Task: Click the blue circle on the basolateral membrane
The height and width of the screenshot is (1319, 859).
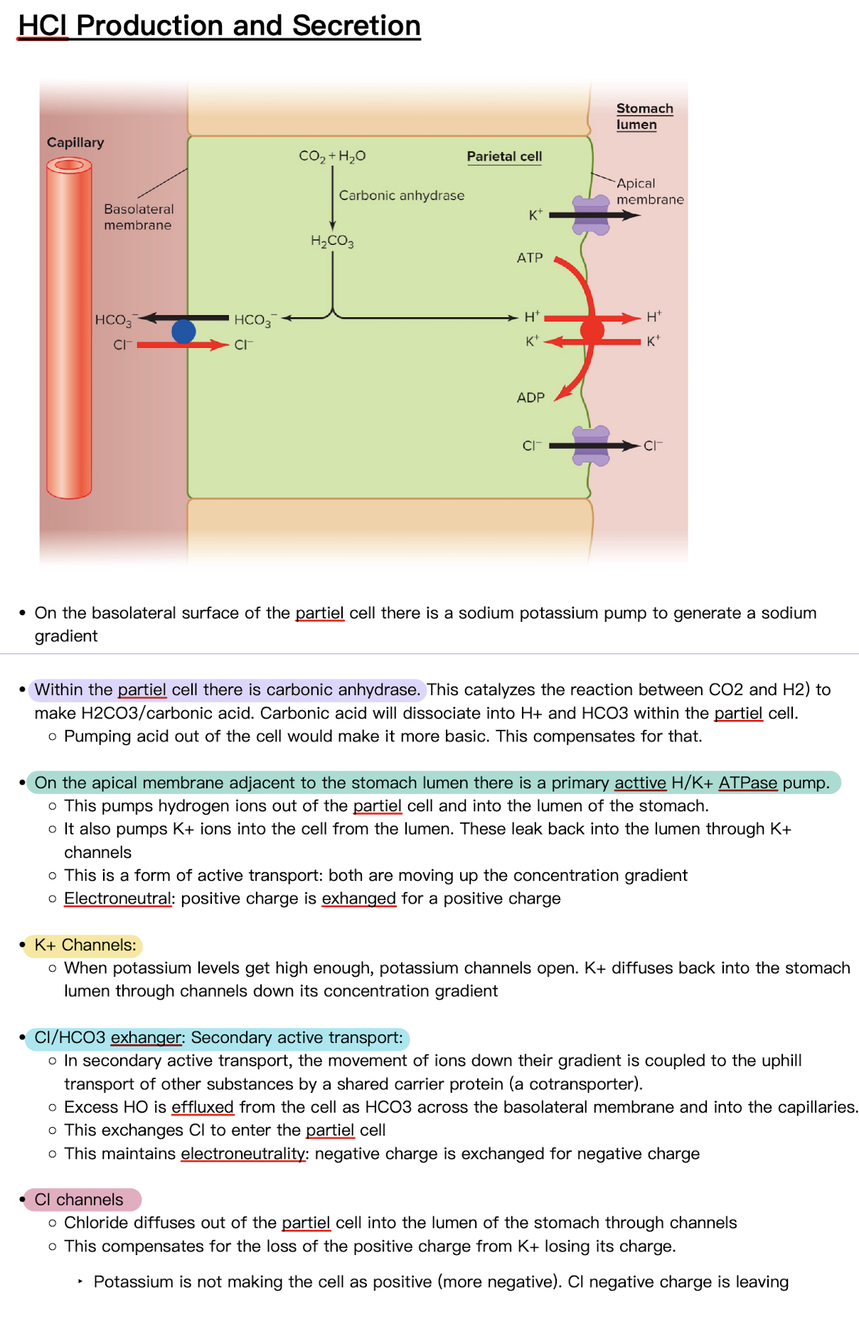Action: pos(183,332)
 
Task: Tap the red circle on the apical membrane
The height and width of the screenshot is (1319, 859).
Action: pos(592,330)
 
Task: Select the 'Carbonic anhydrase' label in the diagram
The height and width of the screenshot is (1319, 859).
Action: pos(401,195)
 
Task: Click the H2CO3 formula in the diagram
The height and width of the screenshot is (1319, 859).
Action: pos(332,241)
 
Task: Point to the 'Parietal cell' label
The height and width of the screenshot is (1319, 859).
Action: pos(504,157)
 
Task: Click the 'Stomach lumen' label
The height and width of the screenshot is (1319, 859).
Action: pos(644,117)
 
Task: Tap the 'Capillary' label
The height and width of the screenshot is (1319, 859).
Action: pos(75,142)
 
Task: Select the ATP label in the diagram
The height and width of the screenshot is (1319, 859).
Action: pos(530,258)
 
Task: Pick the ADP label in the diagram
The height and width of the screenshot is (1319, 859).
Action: pos(530,398)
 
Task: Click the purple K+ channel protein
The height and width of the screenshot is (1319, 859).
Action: pos(591,216)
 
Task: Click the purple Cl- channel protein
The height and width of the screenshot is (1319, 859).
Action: pos(591,446)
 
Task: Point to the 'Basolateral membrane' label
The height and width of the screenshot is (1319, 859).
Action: pos(138,217)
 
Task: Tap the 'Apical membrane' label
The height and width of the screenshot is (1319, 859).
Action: pos(649,191)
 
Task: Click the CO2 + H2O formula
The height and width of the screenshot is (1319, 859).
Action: pos(332,156)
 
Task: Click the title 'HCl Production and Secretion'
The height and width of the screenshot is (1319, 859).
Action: pos(219,26)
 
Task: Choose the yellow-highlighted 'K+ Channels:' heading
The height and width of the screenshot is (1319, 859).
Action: pos(85,945)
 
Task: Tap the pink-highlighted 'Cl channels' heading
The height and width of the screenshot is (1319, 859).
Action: pos(79,1199)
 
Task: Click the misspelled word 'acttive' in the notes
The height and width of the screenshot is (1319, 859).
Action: pos(640,783)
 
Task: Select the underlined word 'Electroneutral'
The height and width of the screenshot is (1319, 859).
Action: pos(117,899)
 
